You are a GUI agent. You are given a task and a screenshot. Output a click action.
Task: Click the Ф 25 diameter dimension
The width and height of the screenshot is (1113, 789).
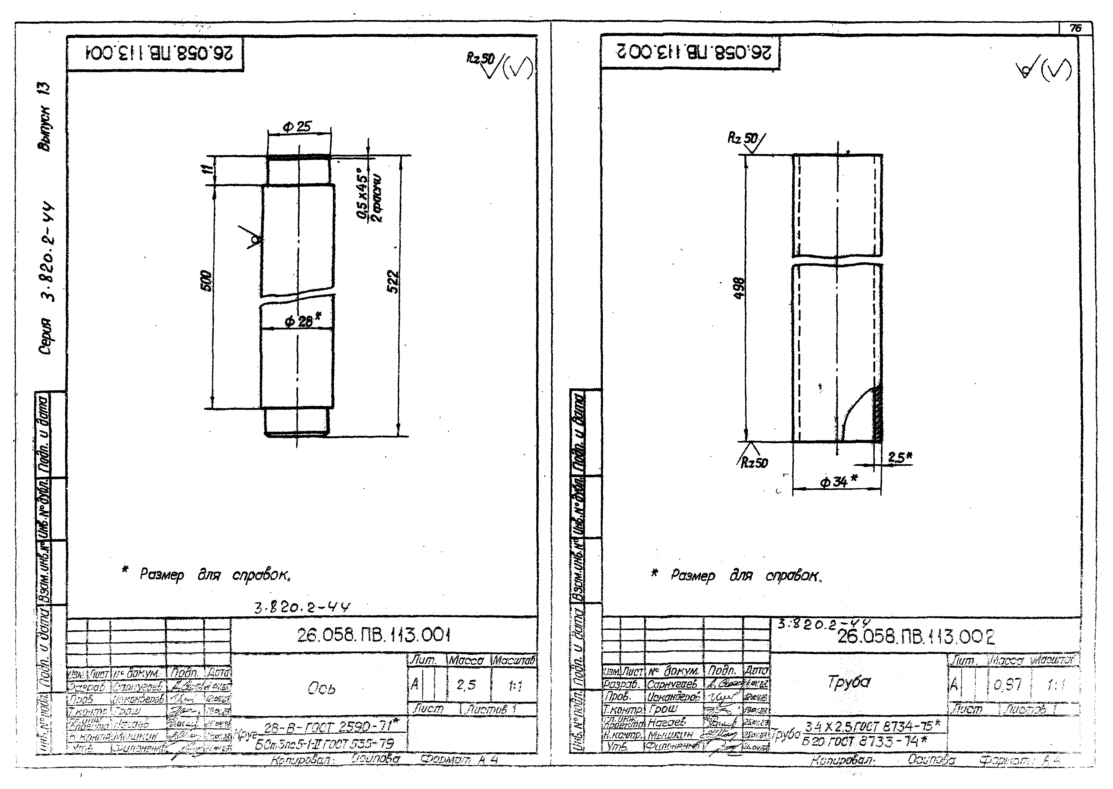[297, 127]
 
